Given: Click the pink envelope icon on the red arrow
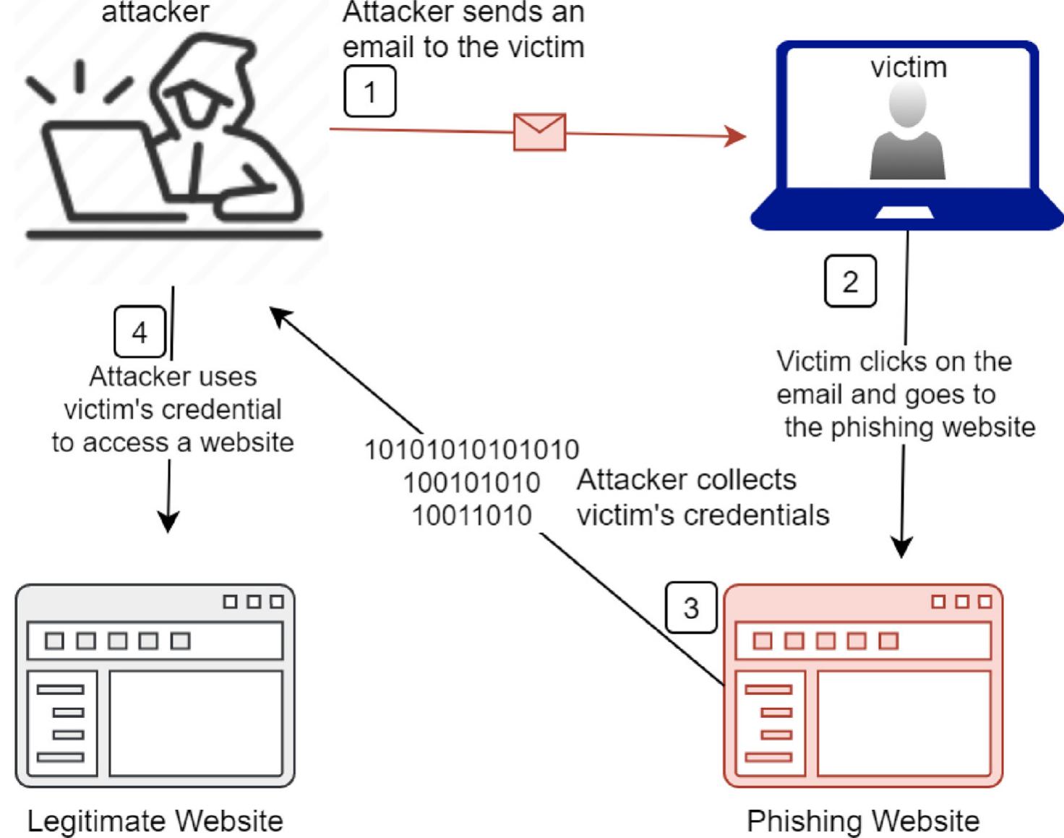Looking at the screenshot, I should pyautogui.click(x=539, y=132).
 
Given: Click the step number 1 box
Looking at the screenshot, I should pyautogui.click(x=370, y=92).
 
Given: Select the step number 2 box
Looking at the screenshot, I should pyautogui.click(x=850, y=281).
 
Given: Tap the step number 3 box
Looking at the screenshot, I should pyautogui.click(x=691, y=607).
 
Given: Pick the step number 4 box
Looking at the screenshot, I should pyautogui.click(x=140, y=333).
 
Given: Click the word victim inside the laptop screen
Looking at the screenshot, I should pyautogui.click(x=909, y=67).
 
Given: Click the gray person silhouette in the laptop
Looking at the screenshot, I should pyautogui.click(x=907, y=134).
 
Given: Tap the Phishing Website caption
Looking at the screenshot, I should pyautogui.click(x=862, y=821).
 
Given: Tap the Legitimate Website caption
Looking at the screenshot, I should pyautogui.click(x=155, y=821).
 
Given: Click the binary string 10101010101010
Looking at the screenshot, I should pyautogui.click(x=471, y=450).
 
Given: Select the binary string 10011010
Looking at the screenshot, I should pyautogui.click(x=471, y=516).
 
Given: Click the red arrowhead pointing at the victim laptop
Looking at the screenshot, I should pyautogui.click(x=736, y=135).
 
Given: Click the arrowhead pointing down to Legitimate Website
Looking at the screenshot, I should pyautogui.click(x=168, y=522).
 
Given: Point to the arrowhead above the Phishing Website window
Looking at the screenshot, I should pyautogui.click(x=902, y=547).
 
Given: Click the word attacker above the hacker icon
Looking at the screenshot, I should pyautogui.click(x=155, y=12).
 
